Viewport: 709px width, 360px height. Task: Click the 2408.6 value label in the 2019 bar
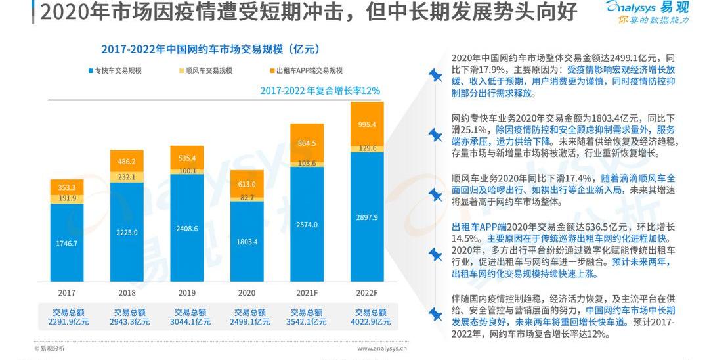click(x=187, y=229)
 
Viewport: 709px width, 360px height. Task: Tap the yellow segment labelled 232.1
click(x=127, y=177)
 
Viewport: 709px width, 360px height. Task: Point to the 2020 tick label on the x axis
click(x=247, y=292)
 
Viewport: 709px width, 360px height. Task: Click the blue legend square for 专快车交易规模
click(x=90, y=70)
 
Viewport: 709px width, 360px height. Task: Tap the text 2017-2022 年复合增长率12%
click(x=320, y=91)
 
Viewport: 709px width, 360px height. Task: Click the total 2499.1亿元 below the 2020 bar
click(x=247, y=322)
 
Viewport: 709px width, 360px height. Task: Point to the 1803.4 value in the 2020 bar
click(x=247, y=242)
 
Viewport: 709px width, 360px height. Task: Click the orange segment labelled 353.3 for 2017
click(x=67, y=187)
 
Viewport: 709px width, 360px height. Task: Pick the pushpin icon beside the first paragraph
click(x=435, y=76)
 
